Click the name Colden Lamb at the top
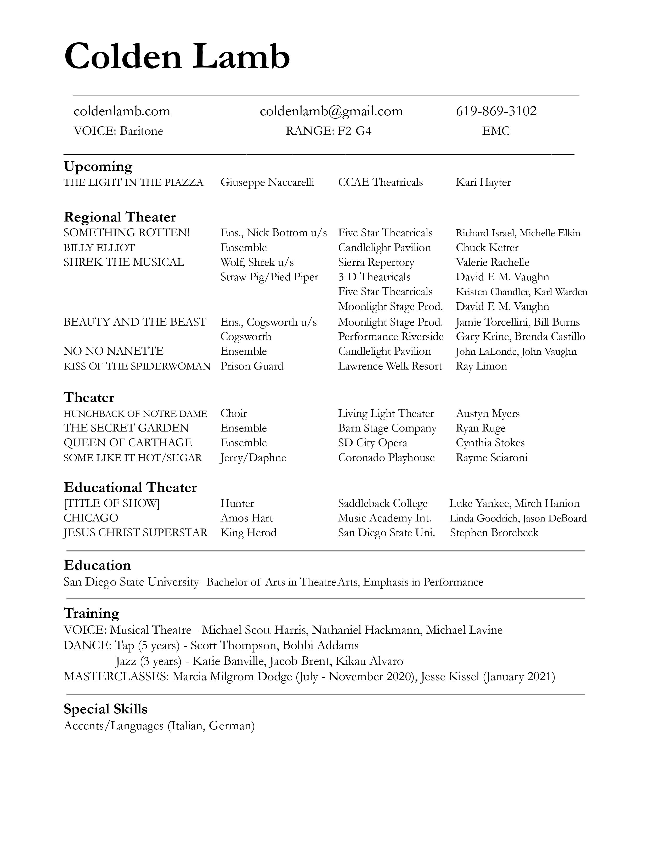177,56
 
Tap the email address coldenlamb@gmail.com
331,111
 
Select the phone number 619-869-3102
496,111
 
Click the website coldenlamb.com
122,111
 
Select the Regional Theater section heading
120,217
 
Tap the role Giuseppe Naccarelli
267,182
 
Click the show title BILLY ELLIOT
99,248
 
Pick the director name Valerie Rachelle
492,262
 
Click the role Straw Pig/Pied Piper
269,277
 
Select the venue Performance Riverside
391,337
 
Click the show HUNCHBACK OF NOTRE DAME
135,414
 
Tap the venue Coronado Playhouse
386,458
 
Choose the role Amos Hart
247,518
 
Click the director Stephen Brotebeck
494,533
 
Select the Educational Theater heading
130,488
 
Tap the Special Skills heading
105,709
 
